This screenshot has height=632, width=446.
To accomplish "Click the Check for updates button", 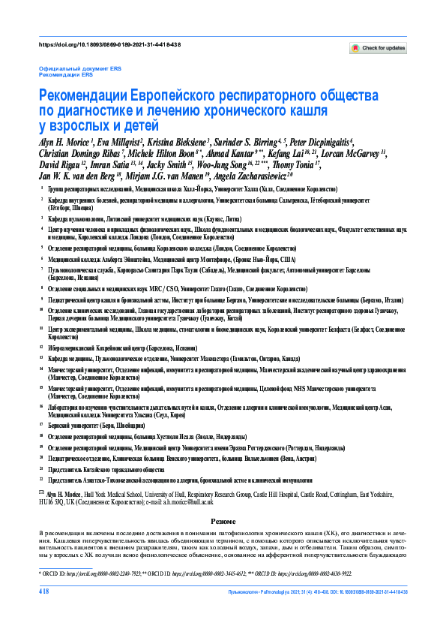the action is [x=379, y=48].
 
